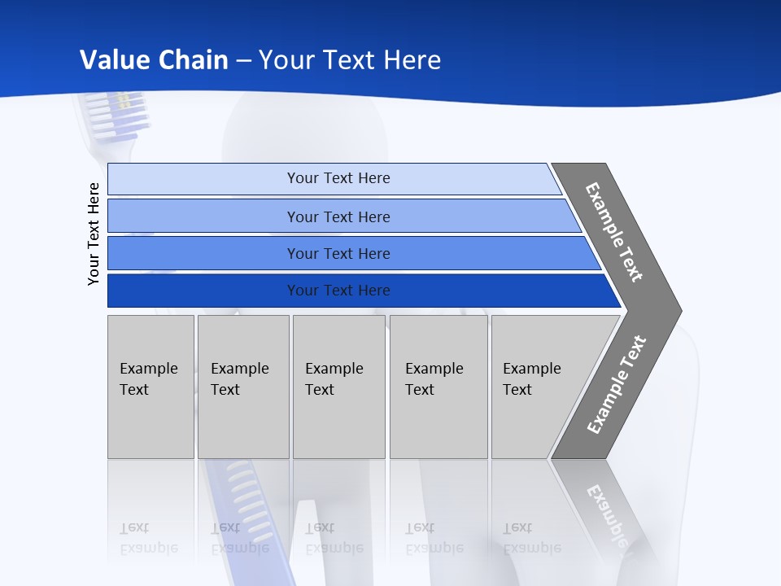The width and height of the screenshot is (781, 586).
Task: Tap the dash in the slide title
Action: (243, 60)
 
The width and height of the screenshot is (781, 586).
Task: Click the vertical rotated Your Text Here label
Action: (94, 234)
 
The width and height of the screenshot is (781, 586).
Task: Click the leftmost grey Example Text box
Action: (151, 387)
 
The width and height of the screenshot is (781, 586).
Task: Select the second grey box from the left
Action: (242, 387)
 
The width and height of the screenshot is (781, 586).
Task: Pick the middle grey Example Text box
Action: (338, 387)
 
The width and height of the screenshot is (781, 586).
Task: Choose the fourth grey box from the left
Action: (438, 387)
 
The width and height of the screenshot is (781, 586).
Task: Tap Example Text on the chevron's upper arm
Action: (614, 232)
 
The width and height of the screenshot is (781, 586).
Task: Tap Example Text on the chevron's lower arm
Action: (616, 384)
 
